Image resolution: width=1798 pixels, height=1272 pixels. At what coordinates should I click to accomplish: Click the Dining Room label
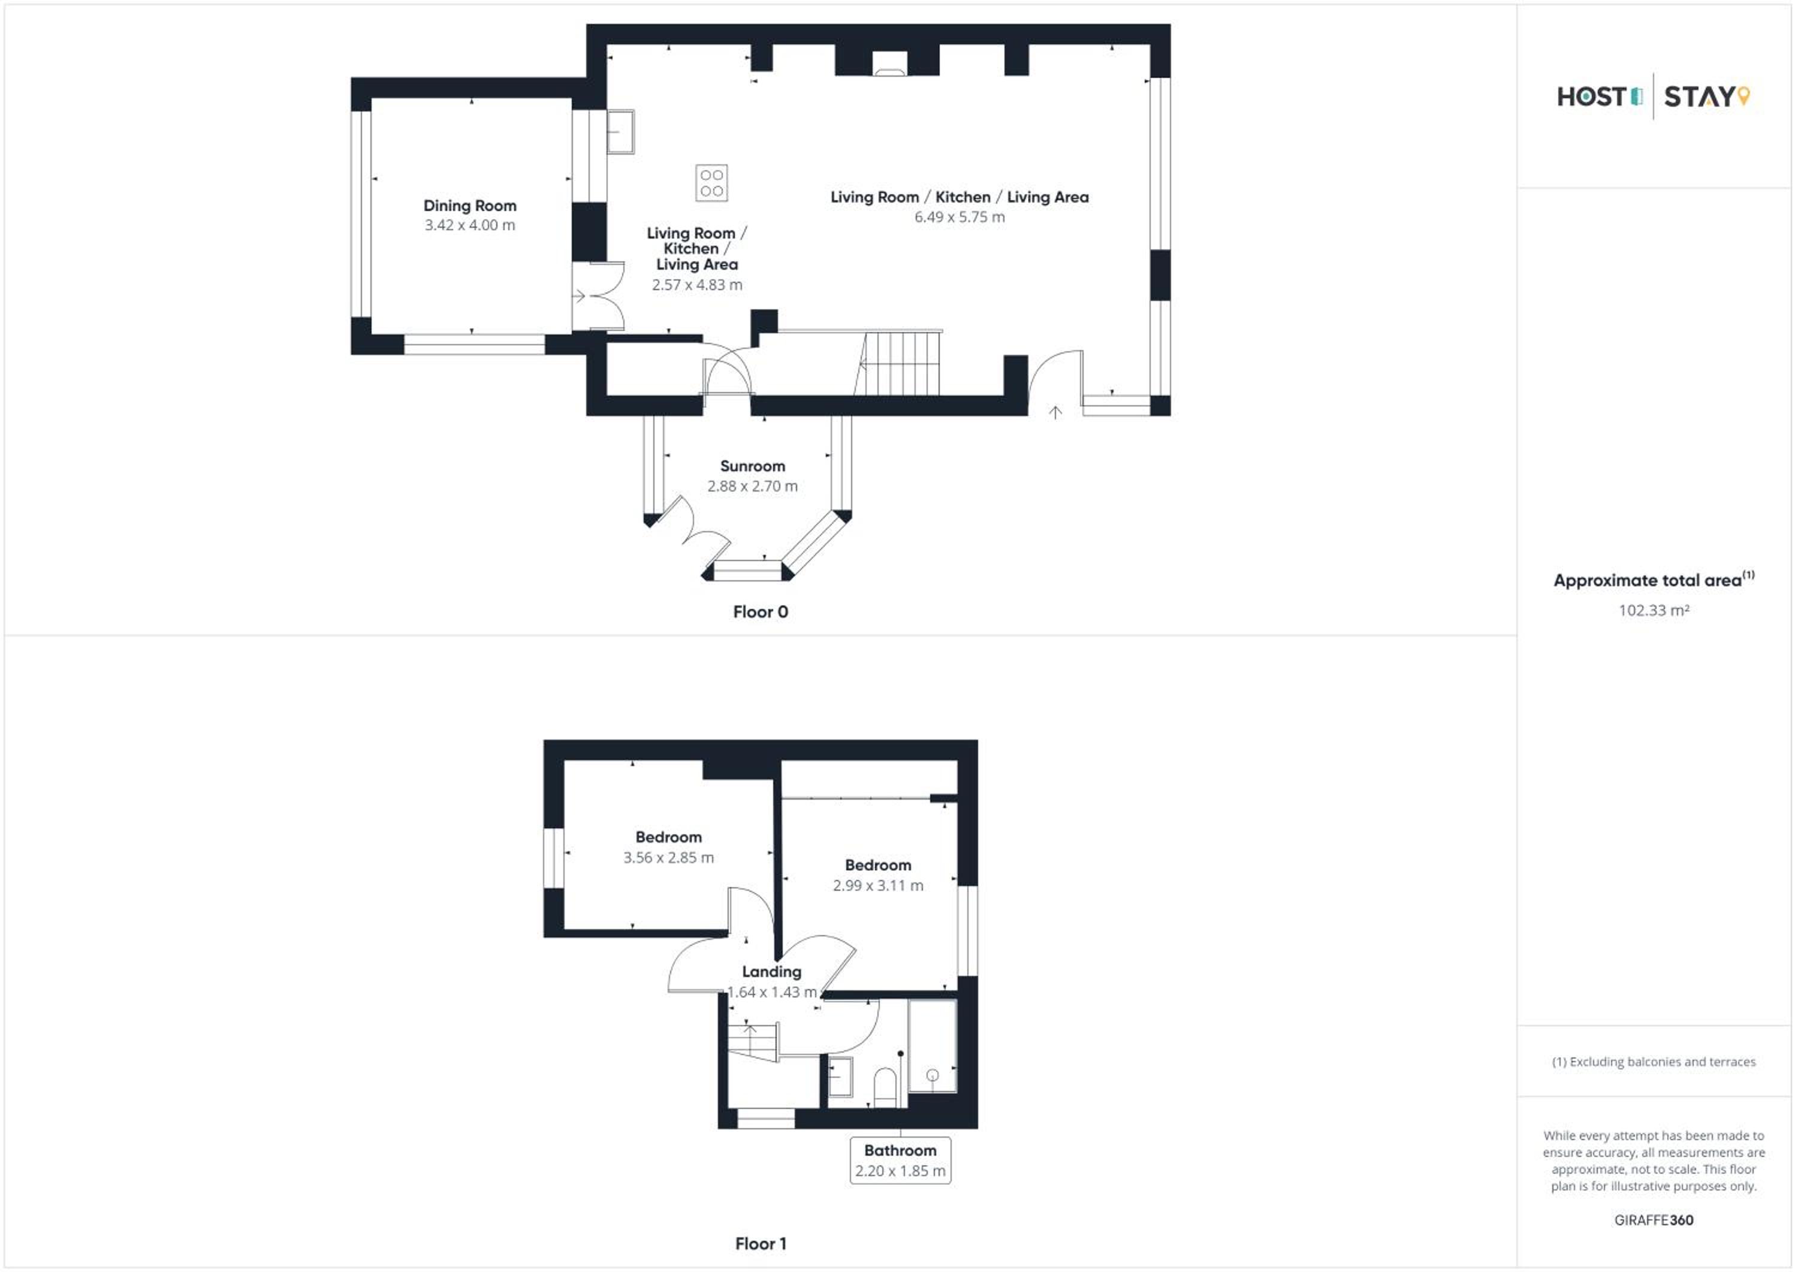click(470, 206)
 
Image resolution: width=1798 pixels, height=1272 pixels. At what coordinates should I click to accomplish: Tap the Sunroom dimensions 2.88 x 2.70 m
click(753, 486)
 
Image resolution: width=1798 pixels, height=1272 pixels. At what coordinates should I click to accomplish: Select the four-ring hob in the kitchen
click(712, 182)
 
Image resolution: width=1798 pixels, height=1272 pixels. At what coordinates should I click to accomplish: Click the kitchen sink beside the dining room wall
click(621, 132)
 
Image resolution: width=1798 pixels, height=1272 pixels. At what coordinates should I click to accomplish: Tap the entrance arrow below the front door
click(1055, 412)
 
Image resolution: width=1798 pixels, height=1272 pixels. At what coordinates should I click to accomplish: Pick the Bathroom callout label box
click(901, 1160)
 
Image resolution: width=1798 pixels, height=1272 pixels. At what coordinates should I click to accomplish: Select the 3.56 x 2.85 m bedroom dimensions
click(669, 858)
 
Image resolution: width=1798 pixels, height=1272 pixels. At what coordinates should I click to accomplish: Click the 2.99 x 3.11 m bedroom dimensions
click(878, 886)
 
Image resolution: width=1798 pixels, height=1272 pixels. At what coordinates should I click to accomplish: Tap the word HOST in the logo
click(1591, 97)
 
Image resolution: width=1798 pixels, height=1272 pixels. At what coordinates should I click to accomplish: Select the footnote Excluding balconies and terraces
click(1654, 1062)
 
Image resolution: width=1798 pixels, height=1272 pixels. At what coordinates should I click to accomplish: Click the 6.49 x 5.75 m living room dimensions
click(960, 217)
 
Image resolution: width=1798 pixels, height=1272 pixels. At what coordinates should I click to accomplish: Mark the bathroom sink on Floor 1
click(841, 1077)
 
